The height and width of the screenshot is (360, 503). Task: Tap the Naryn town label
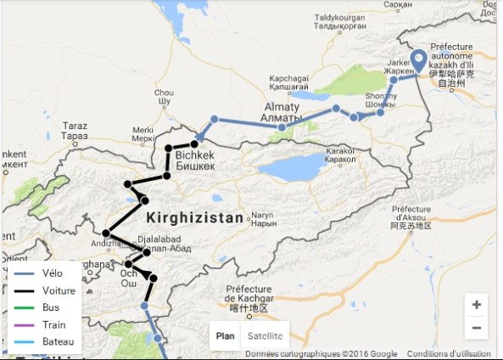(265, 218)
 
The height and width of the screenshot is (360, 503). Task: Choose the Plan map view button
(226, 335)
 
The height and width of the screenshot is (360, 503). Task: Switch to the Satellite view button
(265, 335)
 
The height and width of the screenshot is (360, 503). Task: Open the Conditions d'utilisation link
(453, 354)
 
